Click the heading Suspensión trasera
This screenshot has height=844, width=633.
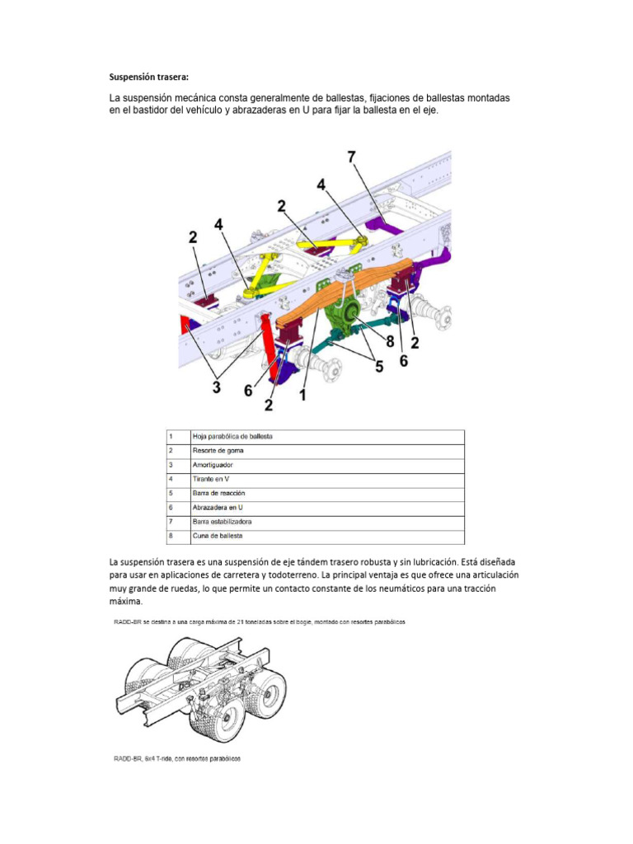[149, 77]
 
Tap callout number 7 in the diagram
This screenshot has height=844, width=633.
[352, 157]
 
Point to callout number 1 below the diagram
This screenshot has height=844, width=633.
[302, 395]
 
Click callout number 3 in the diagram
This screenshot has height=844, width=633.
[217, 387]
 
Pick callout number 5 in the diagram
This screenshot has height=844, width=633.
[378, 367]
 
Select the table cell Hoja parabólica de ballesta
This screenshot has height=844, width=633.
[232, 436]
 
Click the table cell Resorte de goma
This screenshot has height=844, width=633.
[218, 451]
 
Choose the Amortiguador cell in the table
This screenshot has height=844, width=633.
[213, 465]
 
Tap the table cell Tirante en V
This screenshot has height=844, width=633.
[211, 479]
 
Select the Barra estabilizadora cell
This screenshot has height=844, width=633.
[222, 522]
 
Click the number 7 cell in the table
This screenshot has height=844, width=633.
[170, 522]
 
